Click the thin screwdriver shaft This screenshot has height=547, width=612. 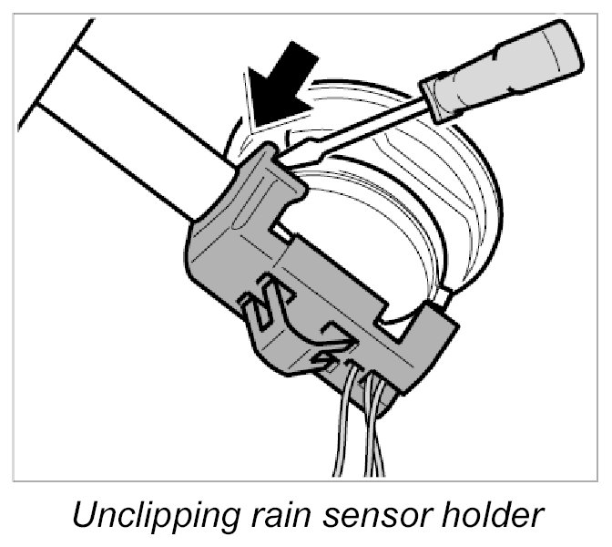[x=364, y=123]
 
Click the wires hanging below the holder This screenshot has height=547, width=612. [x=364, y=428]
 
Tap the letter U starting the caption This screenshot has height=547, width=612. [x=83, y=518]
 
